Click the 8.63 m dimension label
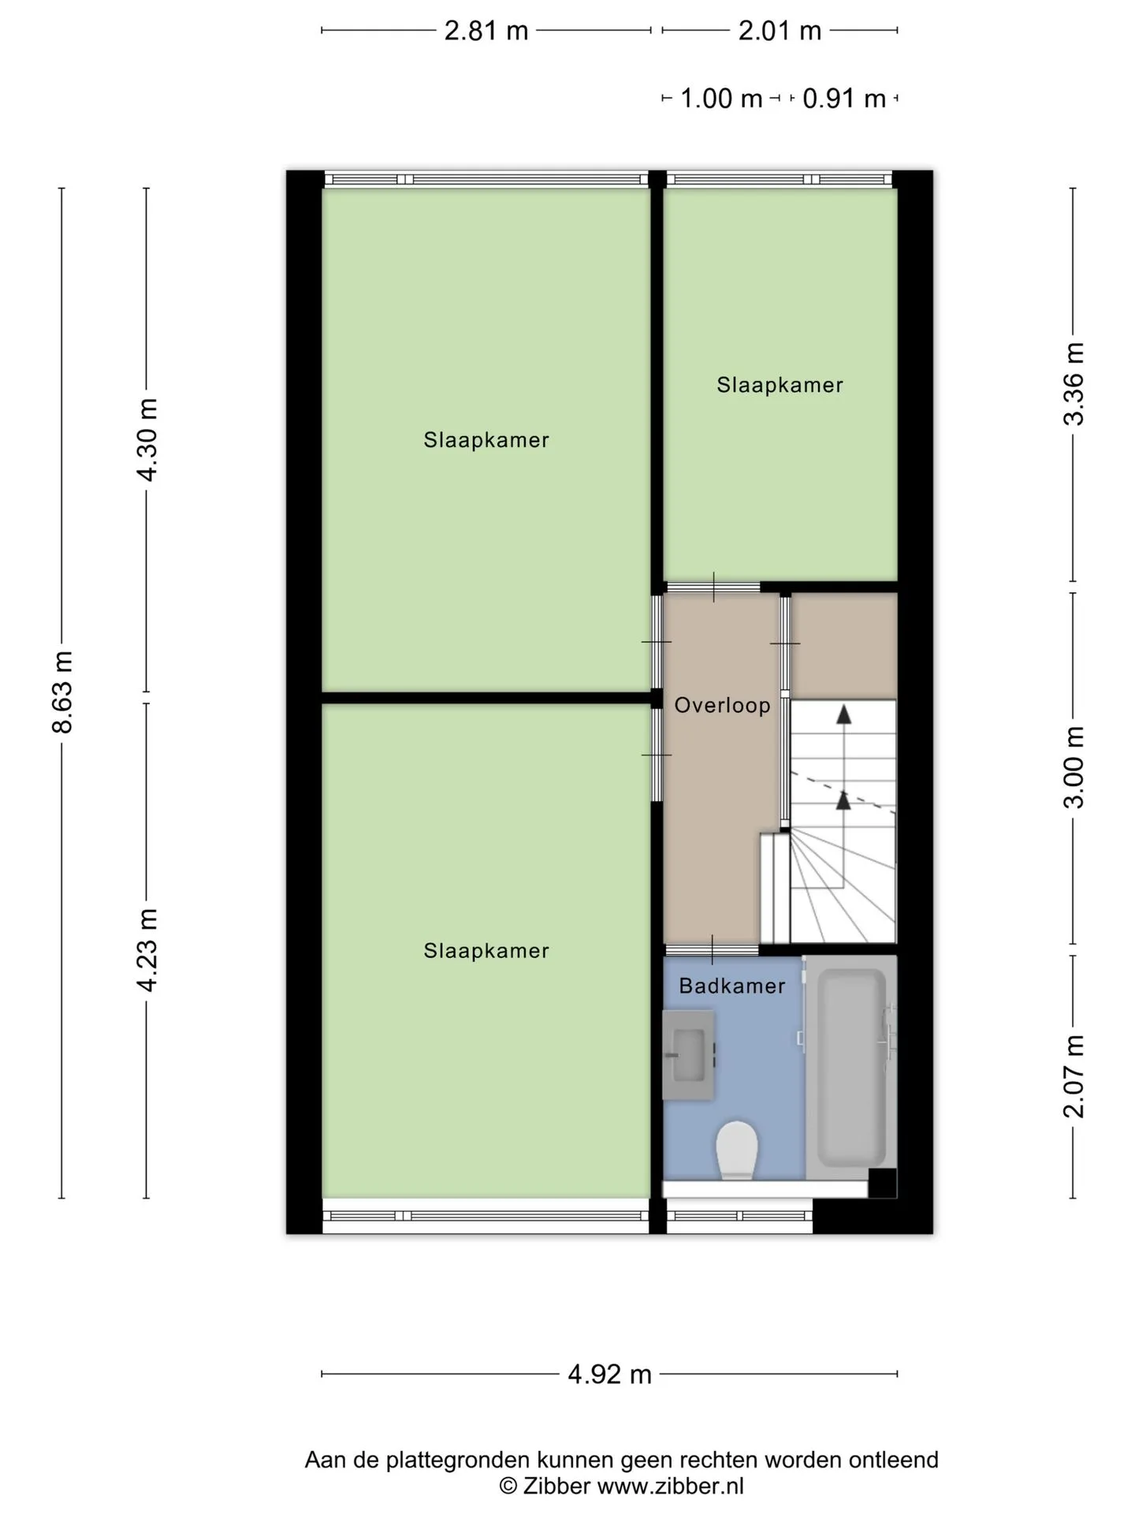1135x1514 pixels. tap(62, 692)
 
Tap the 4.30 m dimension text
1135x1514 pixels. tap(147, 439)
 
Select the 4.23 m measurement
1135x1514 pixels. tap(147, 949)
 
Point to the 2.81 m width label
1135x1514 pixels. tap(486, 31)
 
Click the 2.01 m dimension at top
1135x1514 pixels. tap(780, 31)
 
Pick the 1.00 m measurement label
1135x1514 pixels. tap(721, 99)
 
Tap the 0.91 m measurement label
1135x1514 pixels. tap(844, 99)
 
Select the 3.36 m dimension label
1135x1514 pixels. tap(1074, 384)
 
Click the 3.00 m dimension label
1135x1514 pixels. tap(1074, 767)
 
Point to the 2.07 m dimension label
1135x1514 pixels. tap(1074, 1076)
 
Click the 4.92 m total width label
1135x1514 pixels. tap(610, 1374)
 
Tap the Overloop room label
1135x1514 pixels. tap(722, 705)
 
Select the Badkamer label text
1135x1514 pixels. tap(732, 986)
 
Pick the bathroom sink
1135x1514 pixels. tap(689, 1055)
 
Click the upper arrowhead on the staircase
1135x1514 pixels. tap(843, 714)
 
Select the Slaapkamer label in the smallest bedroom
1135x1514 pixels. tap(780, 385)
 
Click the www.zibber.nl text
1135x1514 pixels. tap(670, 1486)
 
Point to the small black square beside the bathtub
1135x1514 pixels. tap(882, 1183)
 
